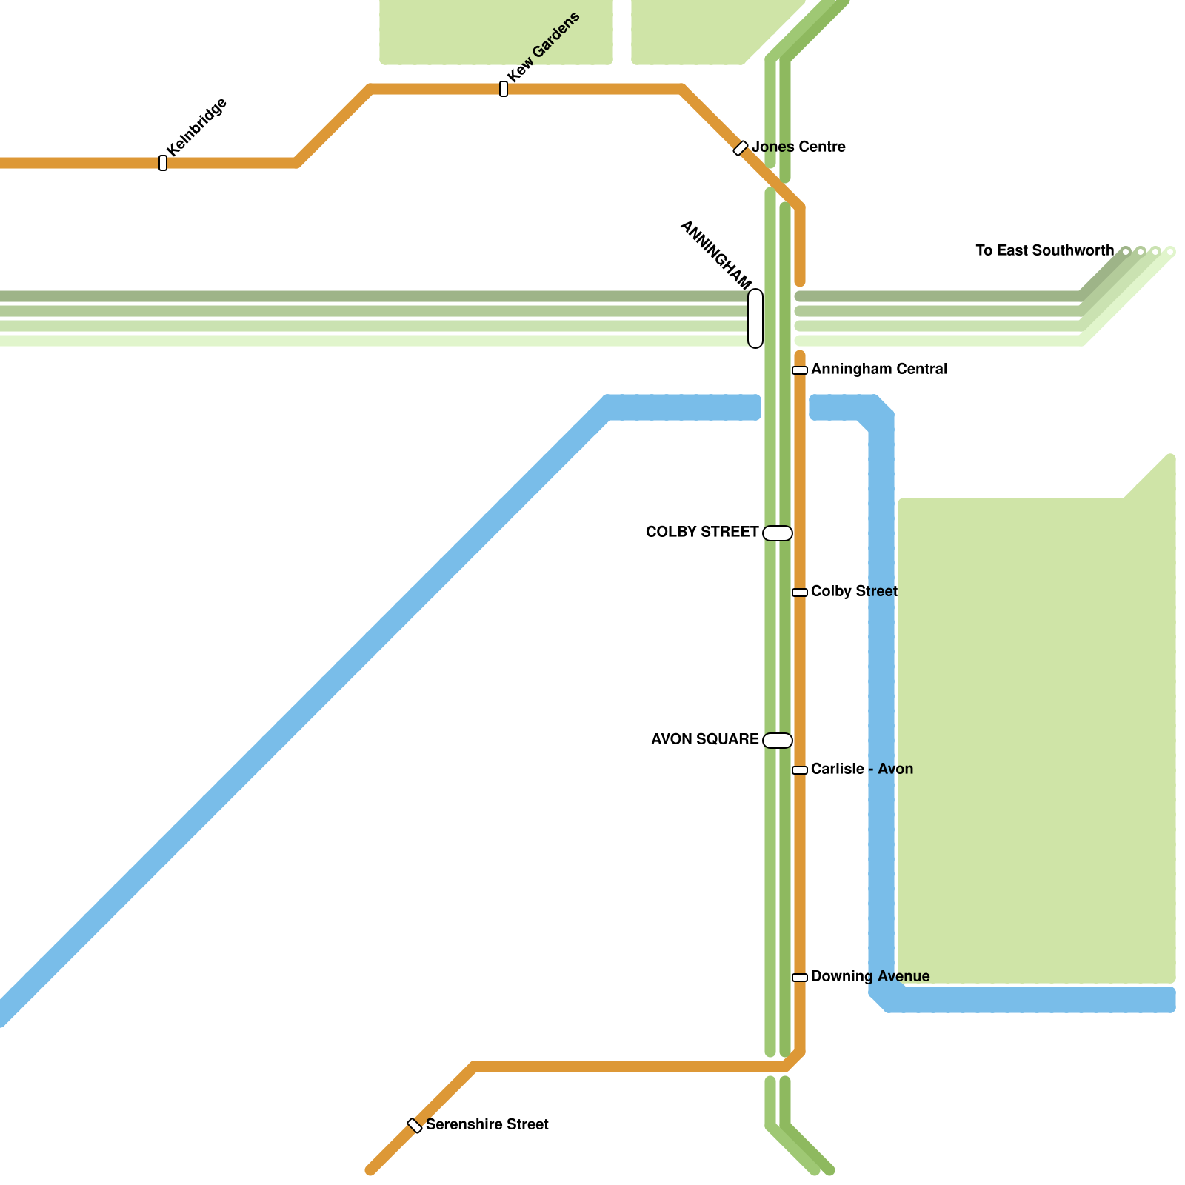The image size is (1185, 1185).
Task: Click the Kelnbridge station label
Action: click(197, 127)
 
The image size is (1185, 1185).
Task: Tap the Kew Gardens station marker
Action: click(504, 89)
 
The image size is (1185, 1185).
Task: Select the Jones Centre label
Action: click(798, 147)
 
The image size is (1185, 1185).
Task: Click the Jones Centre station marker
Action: click(741, 148)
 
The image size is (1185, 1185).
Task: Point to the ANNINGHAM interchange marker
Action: click(755, 318)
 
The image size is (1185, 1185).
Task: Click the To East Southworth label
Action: click(1044, 250)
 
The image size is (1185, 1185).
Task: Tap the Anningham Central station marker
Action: click(800, 370)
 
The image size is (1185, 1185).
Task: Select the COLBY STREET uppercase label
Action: click(702, 532)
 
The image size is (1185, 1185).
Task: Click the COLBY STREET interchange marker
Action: click(778, 533)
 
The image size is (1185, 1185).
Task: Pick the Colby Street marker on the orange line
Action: click(800, 592)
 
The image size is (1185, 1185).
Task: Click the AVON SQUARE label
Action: click(704, 739)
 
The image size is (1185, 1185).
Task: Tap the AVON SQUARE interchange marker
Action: click(778, 741)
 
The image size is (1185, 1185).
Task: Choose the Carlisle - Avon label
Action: click(862, 769)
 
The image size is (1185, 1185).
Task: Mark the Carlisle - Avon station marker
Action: click(800, 770)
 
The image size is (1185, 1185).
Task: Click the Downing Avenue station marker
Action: click(800, 978)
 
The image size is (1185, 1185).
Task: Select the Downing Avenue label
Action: click(870, 976)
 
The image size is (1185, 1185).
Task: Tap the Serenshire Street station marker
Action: click(415, 1126)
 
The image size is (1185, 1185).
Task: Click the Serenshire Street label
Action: click(487, 1124)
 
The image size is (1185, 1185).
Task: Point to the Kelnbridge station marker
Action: click(163, 163)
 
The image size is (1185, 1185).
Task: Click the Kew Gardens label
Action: click(544, 47)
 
